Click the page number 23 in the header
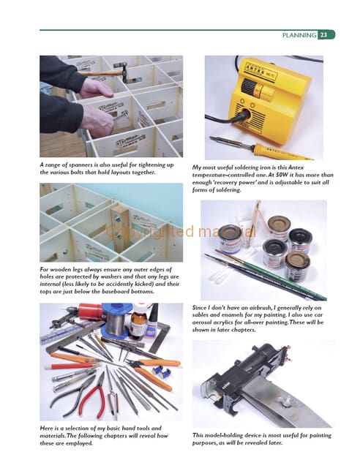323,35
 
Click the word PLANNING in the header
299,35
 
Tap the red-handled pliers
93,395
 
